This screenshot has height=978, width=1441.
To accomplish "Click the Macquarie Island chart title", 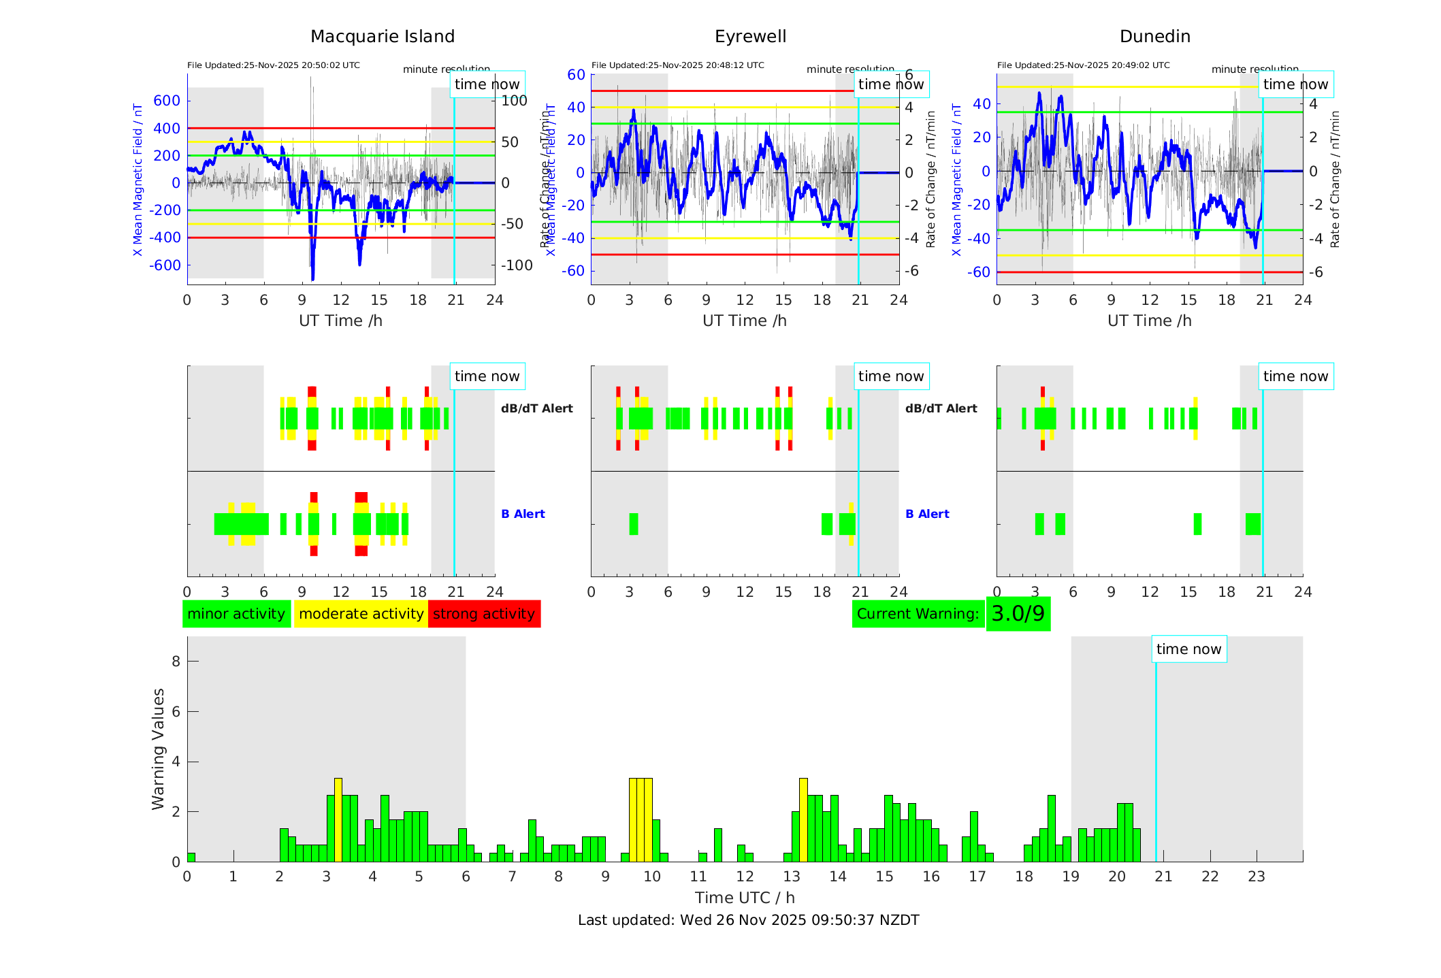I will [382, 37].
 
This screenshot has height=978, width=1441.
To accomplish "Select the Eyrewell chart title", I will [750, 37].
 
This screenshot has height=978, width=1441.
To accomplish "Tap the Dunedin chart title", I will [1154, 37].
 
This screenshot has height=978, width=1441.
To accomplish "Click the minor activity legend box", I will [236, 614].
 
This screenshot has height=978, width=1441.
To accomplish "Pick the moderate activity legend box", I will [361, 614].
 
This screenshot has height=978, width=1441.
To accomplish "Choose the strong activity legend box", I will [484, 614].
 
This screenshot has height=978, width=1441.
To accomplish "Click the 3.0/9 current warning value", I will [1018, 614].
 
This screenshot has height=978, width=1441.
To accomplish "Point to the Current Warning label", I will [918, 614].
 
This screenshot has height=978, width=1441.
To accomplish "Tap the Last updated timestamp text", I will [748, 920].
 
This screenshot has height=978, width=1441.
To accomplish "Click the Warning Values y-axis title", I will [158, 749].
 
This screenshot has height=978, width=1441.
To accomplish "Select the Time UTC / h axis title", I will [745, 898].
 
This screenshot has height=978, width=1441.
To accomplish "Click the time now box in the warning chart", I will [1188, 649].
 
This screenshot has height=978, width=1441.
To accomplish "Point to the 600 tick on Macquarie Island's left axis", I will [167, 101].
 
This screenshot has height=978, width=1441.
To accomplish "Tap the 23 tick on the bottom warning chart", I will [1256, 877].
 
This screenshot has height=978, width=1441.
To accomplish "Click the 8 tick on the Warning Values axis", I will [176, 662].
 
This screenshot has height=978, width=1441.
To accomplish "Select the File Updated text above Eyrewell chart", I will [677, 65].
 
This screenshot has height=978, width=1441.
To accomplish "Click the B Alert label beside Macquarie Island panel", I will [523, 514].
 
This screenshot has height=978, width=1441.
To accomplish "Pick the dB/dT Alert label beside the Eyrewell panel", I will [941, 408].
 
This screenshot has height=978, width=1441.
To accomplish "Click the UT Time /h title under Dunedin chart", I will [1149, 321].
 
